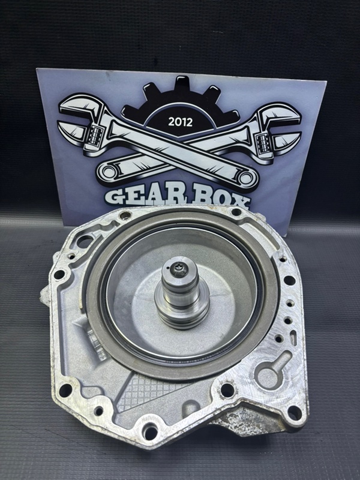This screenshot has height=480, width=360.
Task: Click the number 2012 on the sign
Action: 181,122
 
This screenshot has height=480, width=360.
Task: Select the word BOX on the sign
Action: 220,200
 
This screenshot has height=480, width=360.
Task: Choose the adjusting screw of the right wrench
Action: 264,143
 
